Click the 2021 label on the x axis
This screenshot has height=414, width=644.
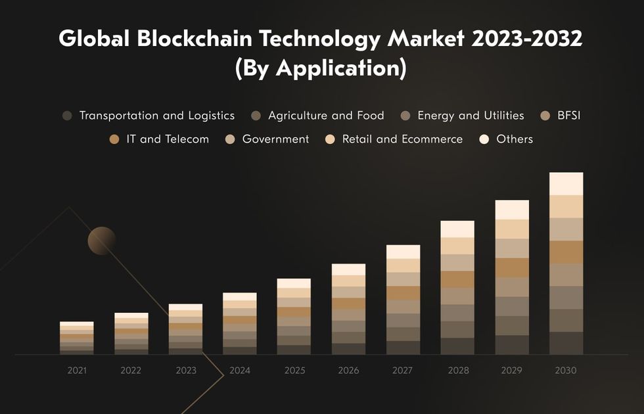(x=77, y=371)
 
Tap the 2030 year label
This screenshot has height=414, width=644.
(x=566, y=371)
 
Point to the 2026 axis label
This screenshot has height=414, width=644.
(x=348, y=371)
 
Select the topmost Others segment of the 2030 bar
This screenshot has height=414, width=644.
(x=566, y=183)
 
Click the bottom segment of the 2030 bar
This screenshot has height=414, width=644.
(x=566, y=343)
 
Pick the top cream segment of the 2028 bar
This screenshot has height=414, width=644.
(x=457, y=229)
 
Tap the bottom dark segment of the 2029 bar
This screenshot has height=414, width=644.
(x=512, y=345)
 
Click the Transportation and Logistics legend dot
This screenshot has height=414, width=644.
(x=67, y=116)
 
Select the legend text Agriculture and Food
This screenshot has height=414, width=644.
(x=326, y=116)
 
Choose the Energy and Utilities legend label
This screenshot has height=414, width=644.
(x=471, y=116)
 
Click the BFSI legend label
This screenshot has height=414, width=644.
(x=569, y=116)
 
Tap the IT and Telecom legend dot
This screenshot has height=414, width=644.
(x=114, y=139)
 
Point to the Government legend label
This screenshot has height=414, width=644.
(x=275, y=139)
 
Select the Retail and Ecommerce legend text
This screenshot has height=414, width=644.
(x=402, y=139)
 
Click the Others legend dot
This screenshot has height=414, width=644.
(x=485, y=139)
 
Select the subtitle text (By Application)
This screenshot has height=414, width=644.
(x=321, y=68)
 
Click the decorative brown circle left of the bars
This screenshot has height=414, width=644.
(x=102, y=241)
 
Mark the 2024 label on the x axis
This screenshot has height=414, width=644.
(x=240, y=371)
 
